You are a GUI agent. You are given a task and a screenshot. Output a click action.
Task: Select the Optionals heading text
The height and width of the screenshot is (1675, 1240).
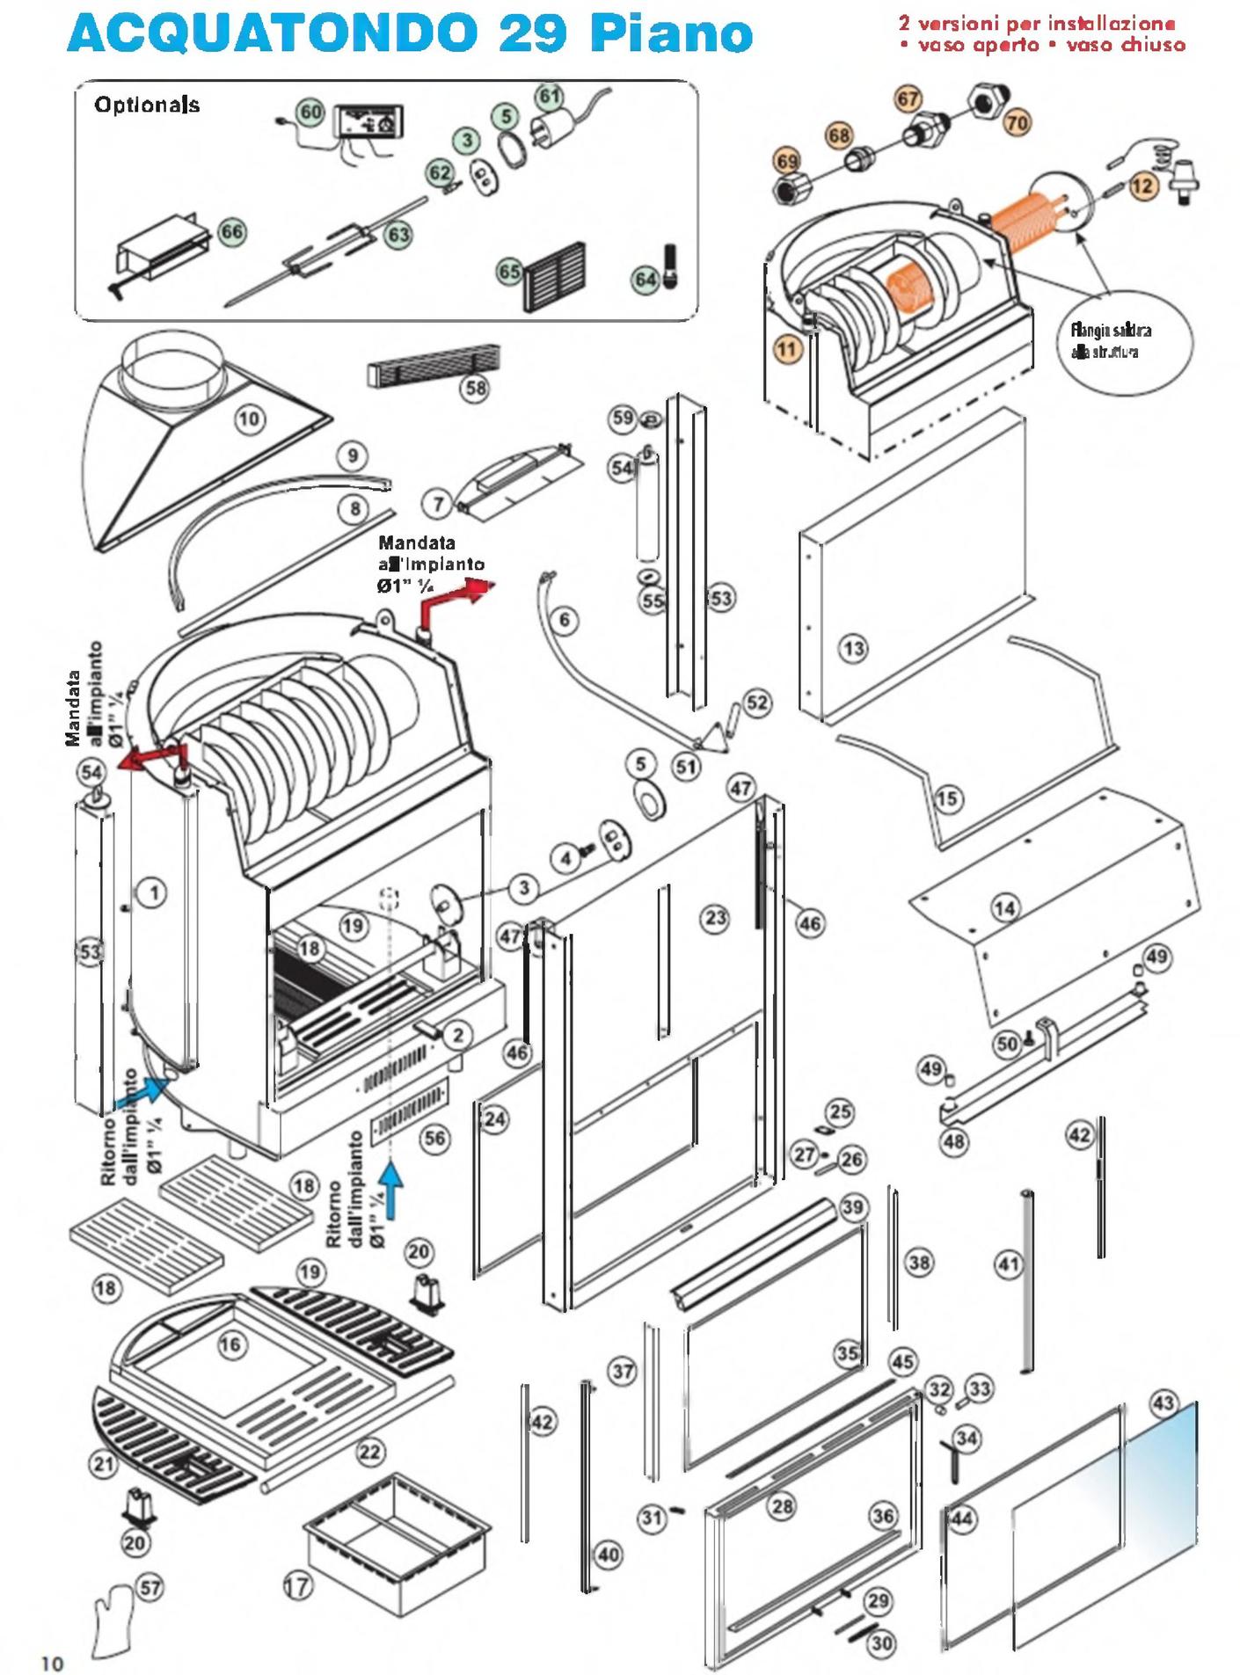click(147, 106)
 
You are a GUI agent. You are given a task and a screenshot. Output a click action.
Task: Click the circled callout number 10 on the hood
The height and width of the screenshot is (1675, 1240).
click(250, 419)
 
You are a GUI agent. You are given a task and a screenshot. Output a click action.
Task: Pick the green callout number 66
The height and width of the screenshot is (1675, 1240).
click(232, 232)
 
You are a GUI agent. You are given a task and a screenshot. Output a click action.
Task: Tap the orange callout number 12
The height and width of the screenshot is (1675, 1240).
click(1142, 186)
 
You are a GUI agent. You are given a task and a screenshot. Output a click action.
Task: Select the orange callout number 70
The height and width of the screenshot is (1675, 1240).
click(1018, 123)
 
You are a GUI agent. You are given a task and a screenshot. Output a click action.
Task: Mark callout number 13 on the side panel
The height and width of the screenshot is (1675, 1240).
click(853, 649)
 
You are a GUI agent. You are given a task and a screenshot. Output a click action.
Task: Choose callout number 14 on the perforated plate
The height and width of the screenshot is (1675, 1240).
click(1005, 908)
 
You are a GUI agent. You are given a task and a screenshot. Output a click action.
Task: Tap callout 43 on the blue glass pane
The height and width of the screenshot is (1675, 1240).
click(1163, 1402)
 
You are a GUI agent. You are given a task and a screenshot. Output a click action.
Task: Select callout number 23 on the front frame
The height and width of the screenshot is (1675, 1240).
click(715, 919)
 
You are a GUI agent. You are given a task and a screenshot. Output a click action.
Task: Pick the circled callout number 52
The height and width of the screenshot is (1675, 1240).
click(757, 703)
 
